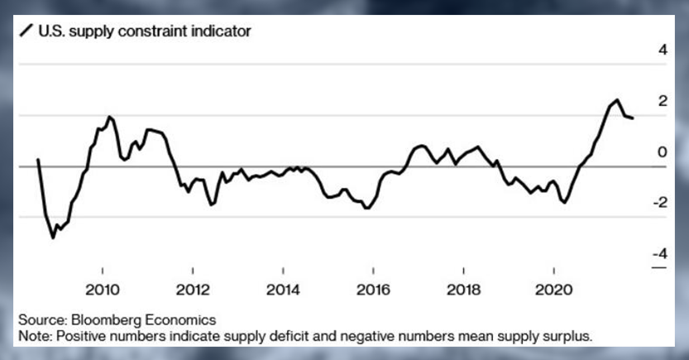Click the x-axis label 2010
(103, 290)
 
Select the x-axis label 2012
(193, 290)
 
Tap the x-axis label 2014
(283, 290)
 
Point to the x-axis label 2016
(373, 290)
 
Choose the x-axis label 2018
(463, 290)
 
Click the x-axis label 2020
(553, 290)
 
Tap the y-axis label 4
(663, 50)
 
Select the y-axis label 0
(663, 152)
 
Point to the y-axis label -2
(660, 203)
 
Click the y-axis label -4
(660, 253)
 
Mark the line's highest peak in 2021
(617, 100)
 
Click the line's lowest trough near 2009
(53, 238)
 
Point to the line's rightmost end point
(632, 118)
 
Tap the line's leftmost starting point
(38, 160)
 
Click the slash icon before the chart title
(26, 31)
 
